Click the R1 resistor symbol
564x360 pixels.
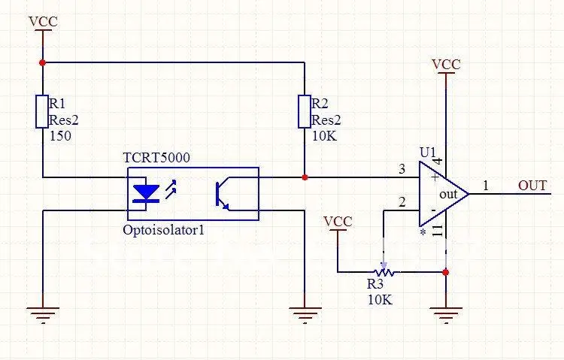(42, 111)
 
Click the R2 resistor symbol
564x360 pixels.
(305, 111)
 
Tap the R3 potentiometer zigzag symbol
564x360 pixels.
(384, 272)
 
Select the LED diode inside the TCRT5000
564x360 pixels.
(146, 193)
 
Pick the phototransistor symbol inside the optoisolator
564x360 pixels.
(223, 193)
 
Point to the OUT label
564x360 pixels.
(532, 186)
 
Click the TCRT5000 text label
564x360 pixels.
(156, 158)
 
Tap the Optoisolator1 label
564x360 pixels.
(164, 230)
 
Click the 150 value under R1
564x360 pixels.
(60, 136)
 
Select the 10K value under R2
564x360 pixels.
(324, 136)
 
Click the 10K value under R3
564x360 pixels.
(380, 300)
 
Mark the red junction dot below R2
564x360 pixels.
(305, 177)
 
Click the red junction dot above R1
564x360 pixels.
(42, 62)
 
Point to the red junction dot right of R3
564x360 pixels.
(446, 272)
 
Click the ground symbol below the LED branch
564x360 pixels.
(43, 315)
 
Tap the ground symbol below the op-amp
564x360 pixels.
(446, 315)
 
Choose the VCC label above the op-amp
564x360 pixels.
(446, 65)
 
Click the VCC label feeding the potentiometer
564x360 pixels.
(338, 222)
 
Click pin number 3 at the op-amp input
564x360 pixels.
(402, 168)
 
